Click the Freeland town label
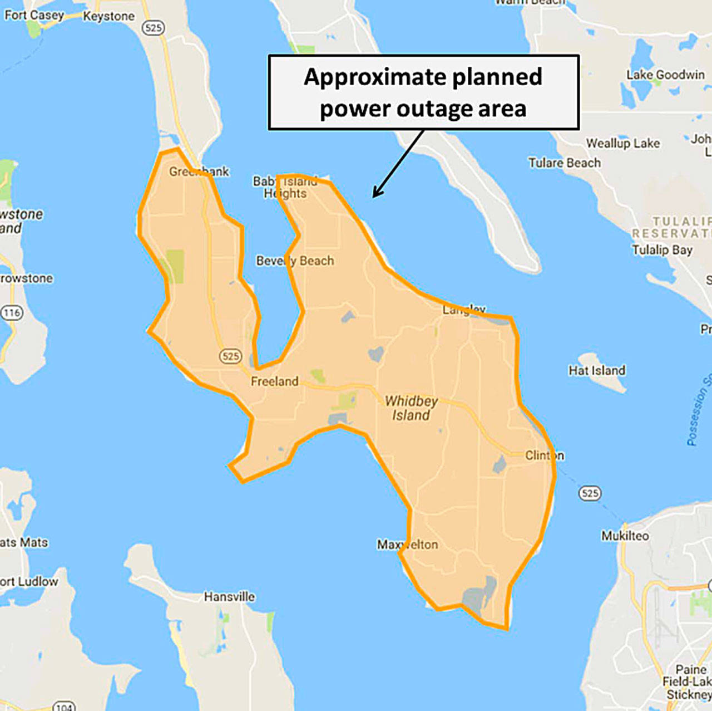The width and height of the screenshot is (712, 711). click(274, 381)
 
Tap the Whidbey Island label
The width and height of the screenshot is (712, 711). click(411, 408)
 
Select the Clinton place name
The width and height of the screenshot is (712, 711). click(545, 455)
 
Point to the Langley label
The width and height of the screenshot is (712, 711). click(464, 310)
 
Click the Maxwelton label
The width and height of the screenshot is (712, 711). click(407, 545)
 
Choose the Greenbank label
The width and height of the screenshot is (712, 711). click(199, 171)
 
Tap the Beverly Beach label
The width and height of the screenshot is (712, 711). click(295, 261)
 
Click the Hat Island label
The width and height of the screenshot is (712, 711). click(596, 370)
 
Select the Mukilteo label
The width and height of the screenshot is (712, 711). click(625, 536)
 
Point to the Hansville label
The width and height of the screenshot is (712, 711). click(229, 597)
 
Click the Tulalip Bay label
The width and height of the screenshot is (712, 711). click(662, 249)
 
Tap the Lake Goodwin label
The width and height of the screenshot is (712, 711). click(665, 75)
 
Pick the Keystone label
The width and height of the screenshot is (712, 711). click(108, 16)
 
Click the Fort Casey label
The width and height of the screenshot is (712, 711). click(34, 15)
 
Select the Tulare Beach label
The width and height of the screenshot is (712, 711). click(565, 163)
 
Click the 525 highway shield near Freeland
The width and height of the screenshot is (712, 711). click(230, 356)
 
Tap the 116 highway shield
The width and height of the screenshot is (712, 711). click(12, 313)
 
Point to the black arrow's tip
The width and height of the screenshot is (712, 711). click(373, 197)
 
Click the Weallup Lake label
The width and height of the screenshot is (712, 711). click(622, 143)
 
